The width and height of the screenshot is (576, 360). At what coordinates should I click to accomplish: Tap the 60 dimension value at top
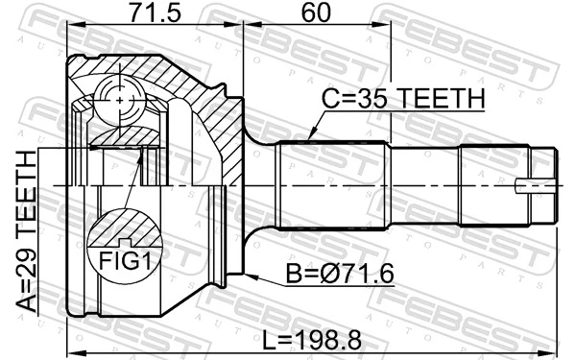[310, 13]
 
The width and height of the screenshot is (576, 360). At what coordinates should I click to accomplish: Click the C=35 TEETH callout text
[402, 100]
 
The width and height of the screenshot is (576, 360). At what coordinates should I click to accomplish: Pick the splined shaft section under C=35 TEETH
[331, 182]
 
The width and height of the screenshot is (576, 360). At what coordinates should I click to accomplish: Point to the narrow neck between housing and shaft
[254, 182]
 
